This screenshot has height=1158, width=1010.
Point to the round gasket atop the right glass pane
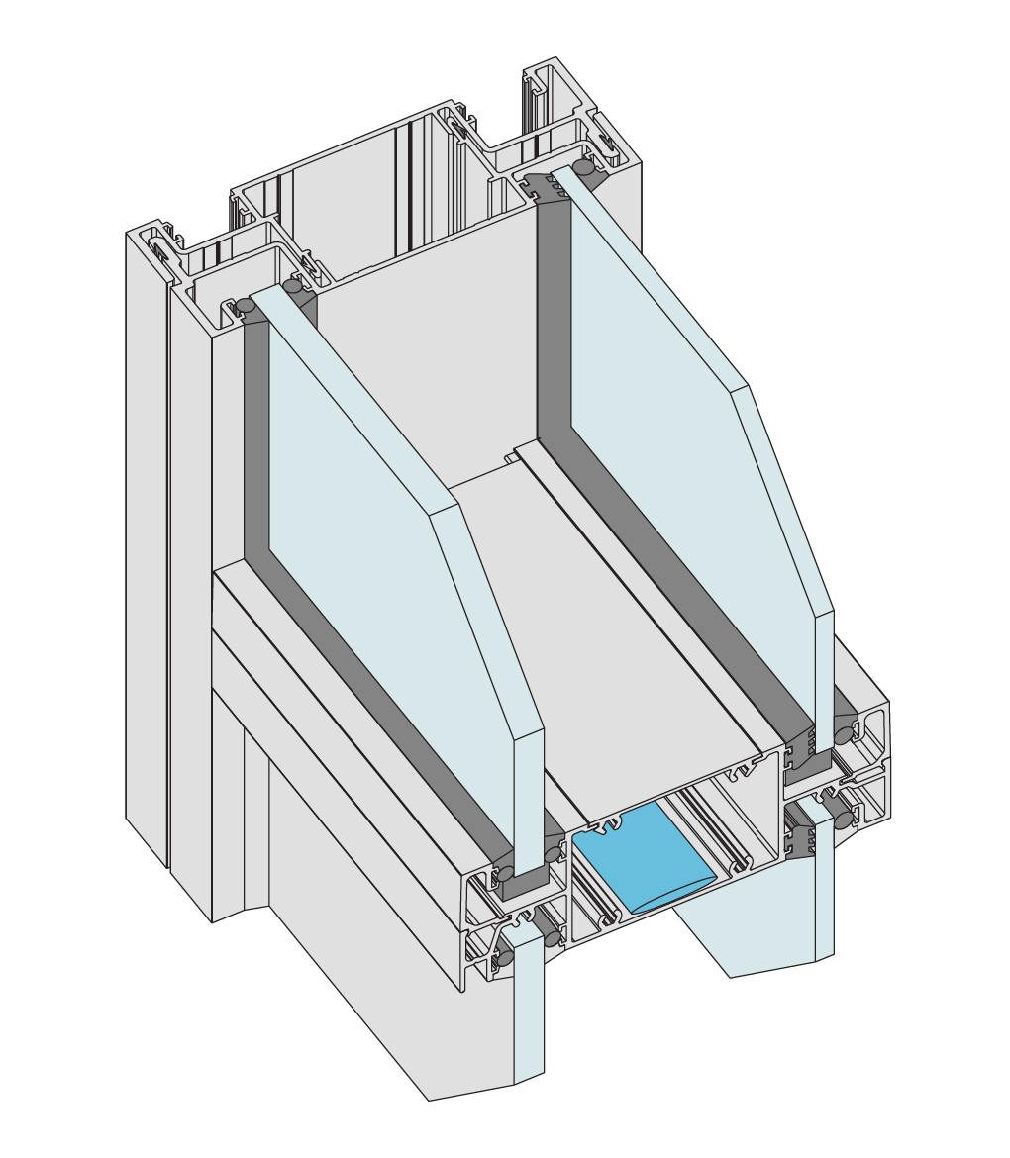pyautogui.click(x=586, y=169)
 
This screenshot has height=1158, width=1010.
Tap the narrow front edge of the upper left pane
pyautogui.click(x=530, y=802)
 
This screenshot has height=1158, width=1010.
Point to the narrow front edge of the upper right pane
pyautogui.click(x=824, y=683)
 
